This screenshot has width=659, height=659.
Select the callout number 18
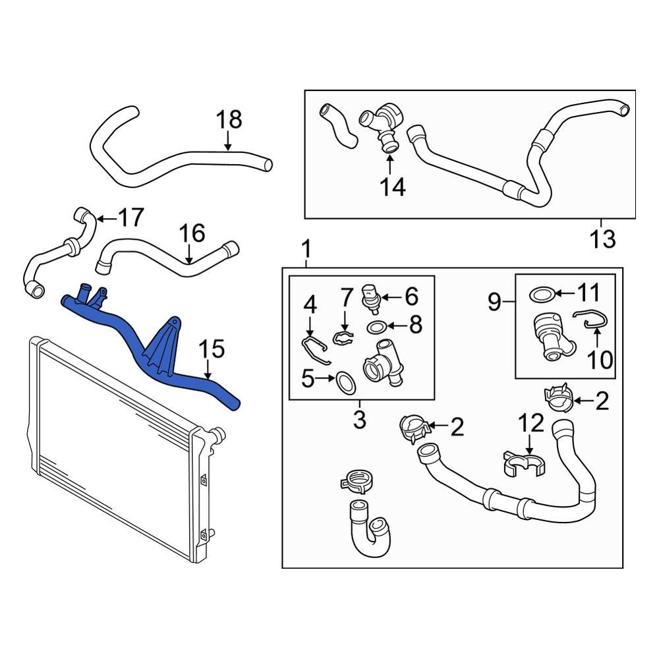tap(229, 121)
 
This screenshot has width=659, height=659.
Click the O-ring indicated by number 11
tap(541, 295)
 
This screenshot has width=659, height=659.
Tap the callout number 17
tap(130, 217)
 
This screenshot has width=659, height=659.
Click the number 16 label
tap(192, 233)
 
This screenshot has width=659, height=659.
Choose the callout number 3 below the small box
tap(359, 419)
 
